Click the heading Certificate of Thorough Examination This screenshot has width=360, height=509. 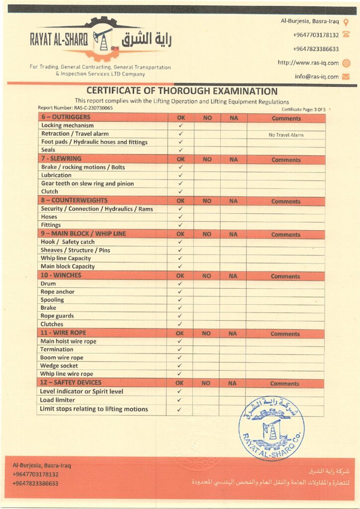pyautogui.click(x=181, y=91)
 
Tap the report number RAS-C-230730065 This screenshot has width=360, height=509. pyautogui.click(x=75, y=108)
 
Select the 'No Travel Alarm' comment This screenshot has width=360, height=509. pyautogui.click(x=286, y=135)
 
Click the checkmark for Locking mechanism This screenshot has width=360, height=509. pyautogui.click(x=181, y=126)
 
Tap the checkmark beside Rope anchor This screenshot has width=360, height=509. pyautogui.click(x=180, y=292)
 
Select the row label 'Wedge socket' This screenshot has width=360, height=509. pyautogui.click(x=59, y=366)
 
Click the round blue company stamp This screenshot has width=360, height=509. pyautogui.click(x=271, y=427)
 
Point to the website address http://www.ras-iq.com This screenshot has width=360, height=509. pyautogui.click(x=308, y=63)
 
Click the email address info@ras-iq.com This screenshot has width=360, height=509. pyautogui.click(x=316, y=77)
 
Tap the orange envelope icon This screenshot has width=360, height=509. pyautogui.click(x=346, y=77)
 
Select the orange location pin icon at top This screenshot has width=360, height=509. pyautogui.click(x=346, y=21)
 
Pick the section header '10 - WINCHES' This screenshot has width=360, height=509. pyautogui.click(x=61, y=275)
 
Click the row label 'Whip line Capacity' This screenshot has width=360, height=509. pyautogui.click(x=66, y=258)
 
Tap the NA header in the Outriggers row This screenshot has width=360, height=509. pyautogui.click(x=233, y=118)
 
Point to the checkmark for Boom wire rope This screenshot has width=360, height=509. pyautogui.click(x=180, y=357)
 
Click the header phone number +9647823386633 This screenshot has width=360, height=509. pyautogui.click(x=316, y=49)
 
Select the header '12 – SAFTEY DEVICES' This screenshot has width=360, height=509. pyautogui.click(x=71, y=383)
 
